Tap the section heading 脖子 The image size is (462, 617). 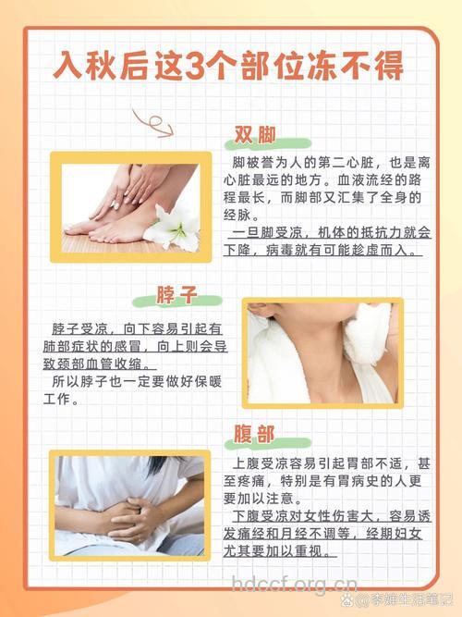coord(176,295)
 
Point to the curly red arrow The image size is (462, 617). coord(152,122)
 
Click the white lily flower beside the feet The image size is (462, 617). coord(175,227)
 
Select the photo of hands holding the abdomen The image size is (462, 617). coord(128,505)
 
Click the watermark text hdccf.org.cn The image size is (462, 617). coord(294,584)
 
